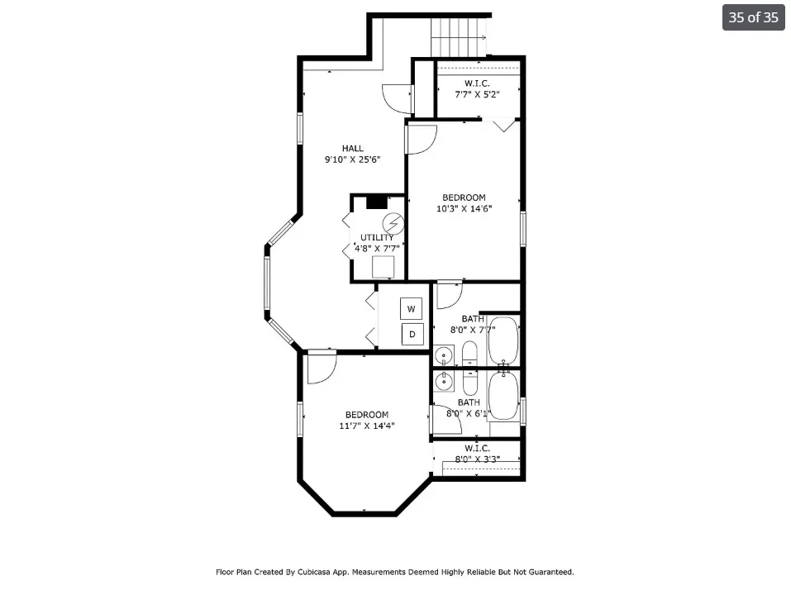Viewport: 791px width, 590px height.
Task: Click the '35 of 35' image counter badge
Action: (753, 17)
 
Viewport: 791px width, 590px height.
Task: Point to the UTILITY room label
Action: (377, 238)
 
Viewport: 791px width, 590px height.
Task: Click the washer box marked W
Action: (412, 309)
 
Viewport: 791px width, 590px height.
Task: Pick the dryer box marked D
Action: (412, 334)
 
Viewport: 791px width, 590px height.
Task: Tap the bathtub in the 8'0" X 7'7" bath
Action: (502, 340)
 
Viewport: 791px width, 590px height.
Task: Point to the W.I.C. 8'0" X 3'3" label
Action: (477, 453)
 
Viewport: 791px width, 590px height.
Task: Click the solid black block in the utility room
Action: (376, 201)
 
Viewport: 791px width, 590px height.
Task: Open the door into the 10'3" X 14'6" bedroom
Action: (420, 140)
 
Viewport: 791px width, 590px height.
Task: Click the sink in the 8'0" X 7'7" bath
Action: (445, 357)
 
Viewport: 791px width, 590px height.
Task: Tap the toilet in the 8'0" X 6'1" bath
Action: (469, 383)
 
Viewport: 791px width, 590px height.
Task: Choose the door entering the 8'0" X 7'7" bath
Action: (449, 294)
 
